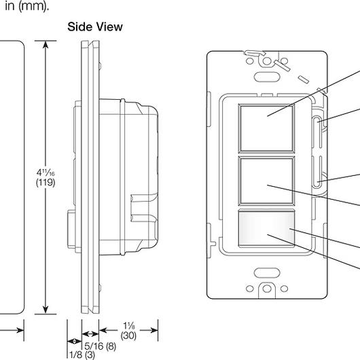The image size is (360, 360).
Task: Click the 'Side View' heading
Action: tap(94, 27)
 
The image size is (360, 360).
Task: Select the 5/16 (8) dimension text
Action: tap(101, 344)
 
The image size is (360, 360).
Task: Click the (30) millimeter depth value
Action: tap(129, 335)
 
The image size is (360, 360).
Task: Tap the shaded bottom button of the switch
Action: tap(266, 228)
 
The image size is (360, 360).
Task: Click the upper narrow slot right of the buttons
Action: tap(319, 128)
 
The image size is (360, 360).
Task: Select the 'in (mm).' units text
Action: tap(24, 5)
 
